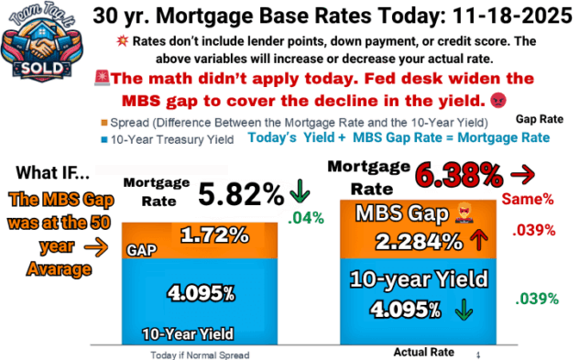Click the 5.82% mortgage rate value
242,193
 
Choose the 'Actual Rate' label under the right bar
423,351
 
